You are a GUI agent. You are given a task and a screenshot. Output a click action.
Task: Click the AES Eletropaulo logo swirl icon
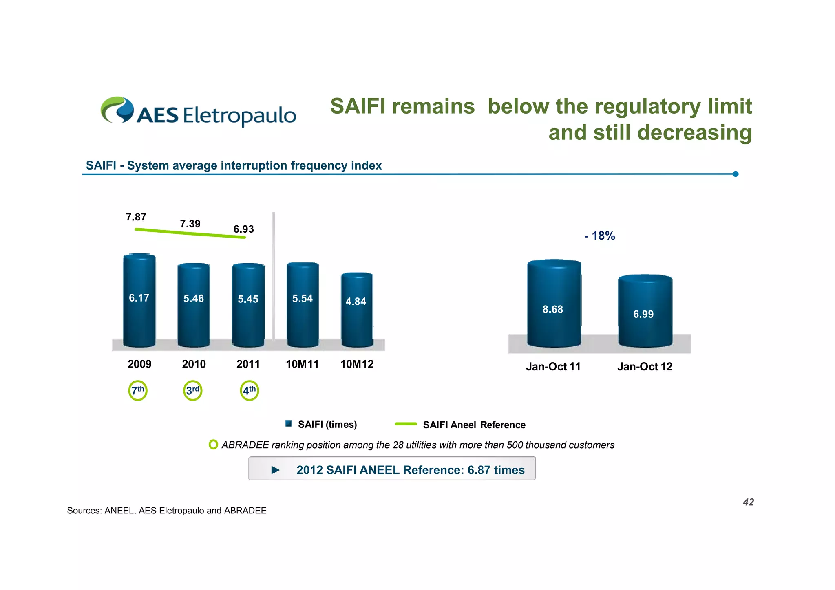pyautogui.click(x=117, y=110)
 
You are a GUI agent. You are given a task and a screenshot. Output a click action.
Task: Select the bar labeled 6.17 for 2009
pyautogui.click(x=139, y=302)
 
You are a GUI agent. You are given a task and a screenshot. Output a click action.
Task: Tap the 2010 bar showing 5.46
pyautogui.click(x=194, y=306)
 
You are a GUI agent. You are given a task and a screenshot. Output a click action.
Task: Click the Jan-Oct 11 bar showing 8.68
pyautogui.click(x=554, y=304)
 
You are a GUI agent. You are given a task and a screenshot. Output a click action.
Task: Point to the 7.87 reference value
pyautogui.click(x=136, y=217)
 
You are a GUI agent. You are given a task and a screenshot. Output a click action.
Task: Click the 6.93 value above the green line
pyautogui.click(x=243, y=229)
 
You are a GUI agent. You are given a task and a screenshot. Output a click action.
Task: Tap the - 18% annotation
pyautogui.click(x=600, y=236)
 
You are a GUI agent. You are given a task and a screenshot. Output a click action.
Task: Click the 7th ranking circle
pyautogui.click(x=138, y=391)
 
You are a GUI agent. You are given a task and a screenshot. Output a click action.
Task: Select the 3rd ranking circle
pyautogui.click(x=193, y=391)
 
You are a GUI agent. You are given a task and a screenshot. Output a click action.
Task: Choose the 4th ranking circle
pyautogui.click(x=249, y=391)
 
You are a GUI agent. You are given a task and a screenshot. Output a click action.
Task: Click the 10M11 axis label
pyautogui.click(x=302, y=364)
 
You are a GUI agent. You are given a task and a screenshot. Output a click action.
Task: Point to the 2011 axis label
pyautogui.click(x=248, y=364)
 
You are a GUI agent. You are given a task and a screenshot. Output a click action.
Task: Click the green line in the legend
pyautogui.click(x=406, y=424)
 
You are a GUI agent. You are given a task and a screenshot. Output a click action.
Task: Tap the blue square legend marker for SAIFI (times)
pyautogui.click(x=289, y=424)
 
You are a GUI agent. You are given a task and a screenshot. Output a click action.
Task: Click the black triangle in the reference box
pyautogui.click(x=276, y=470)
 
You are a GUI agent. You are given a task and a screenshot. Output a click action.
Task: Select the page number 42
pyautogui.click(x=748, y=502)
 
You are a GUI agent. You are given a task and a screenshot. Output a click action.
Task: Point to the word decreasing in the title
pyautogui.click(x=695, y=133)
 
